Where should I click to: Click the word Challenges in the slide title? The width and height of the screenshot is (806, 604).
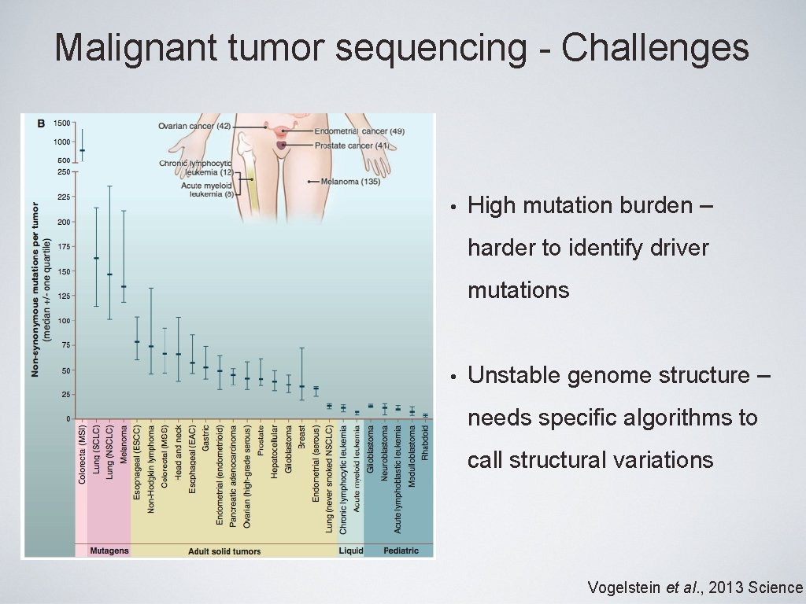coord(655,47)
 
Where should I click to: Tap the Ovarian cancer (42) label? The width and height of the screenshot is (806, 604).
coord(194,126)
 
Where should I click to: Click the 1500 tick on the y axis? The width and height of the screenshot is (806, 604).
coord(61,123)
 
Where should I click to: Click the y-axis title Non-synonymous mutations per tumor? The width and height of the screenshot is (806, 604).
coord(35,289)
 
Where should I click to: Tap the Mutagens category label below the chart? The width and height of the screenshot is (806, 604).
coord(109,551)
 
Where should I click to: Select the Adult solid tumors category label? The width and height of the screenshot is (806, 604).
coord(224,551)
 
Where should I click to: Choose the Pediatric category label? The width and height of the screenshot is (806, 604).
coord(401,551)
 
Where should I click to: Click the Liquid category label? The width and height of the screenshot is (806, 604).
coord(351,551)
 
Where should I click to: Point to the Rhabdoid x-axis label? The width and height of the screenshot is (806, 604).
coord(426,444)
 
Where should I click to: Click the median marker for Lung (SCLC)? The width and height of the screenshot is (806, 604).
coord(96,258)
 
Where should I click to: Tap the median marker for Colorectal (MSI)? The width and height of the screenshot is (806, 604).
coord(83,150)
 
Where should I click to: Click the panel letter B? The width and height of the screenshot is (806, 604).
coord(42,123)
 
